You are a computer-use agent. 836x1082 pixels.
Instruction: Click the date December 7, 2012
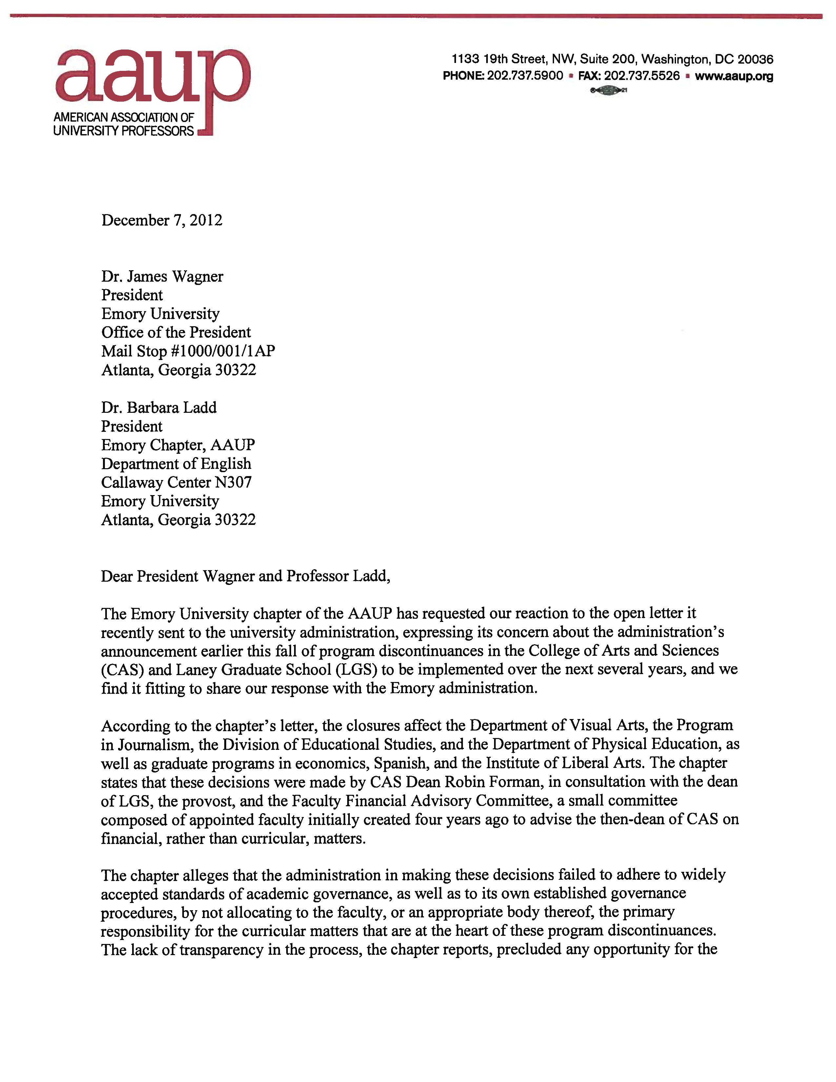point(162,220)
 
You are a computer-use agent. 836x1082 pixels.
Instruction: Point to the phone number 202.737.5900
point(525,76)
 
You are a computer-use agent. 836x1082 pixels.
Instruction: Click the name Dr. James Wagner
point(162,276)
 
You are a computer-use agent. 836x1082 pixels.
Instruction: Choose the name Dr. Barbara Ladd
point(159,408)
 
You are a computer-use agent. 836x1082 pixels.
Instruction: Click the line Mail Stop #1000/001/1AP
point(188,351)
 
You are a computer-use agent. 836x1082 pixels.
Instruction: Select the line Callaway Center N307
point(176,483)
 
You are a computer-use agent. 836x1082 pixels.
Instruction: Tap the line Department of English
point(176,464)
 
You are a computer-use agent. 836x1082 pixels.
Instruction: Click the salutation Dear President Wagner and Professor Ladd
point(245,576)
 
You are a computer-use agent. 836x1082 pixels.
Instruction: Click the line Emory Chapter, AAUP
point(178,445)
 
